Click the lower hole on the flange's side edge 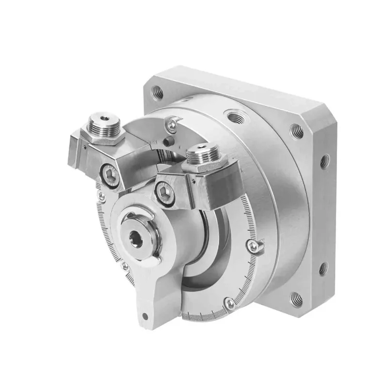(323, 268)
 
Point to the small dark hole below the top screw (167, 142)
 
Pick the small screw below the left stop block (101, 195)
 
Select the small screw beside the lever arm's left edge (125, 266)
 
